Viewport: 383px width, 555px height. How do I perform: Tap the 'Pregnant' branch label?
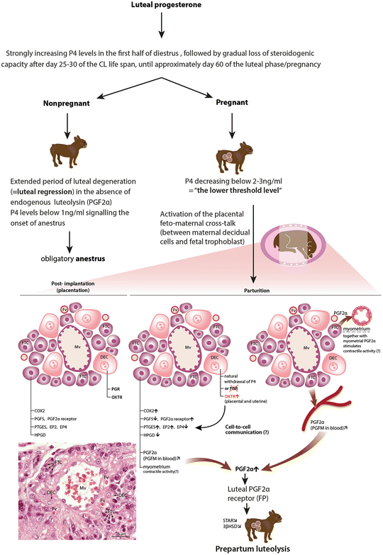231,101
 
